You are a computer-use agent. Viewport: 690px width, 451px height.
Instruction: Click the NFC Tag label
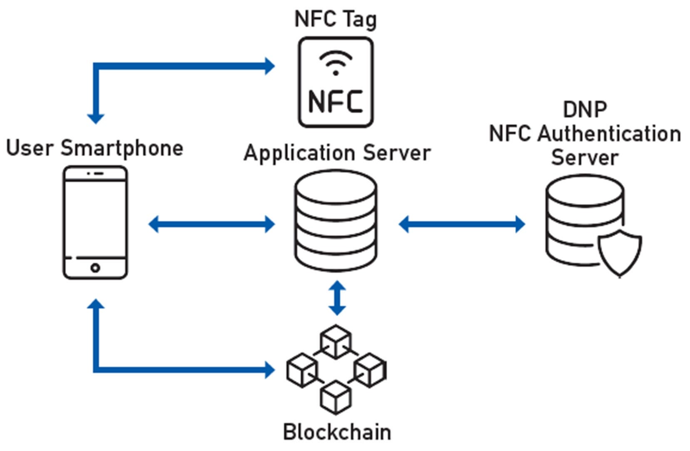336,19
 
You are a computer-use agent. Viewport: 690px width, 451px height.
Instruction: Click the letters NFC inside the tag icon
336,101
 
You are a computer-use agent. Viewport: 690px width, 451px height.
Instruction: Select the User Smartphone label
95,148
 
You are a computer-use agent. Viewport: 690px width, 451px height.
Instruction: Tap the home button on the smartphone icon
95,268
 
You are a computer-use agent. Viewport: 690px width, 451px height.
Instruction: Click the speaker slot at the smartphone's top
98,173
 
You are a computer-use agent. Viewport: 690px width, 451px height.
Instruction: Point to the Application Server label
337,153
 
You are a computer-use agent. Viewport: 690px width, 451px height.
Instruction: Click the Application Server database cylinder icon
336,221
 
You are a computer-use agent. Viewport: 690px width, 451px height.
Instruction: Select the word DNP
585,110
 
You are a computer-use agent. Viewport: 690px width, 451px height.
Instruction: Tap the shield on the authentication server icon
620,253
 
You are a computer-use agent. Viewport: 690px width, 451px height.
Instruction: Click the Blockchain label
337,432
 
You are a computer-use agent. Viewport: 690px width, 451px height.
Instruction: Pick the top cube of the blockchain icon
336,341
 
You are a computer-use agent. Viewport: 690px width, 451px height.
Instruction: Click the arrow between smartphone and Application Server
212,224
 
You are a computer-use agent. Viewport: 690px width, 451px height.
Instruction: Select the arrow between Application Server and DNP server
462,224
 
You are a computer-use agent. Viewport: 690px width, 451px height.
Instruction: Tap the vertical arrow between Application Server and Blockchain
337,298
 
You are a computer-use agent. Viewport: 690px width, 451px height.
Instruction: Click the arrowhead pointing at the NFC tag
270,66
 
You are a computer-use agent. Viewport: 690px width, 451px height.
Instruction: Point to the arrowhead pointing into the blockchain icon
270,369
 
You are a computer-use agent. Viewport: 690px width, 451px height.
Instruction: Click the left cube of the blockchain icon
302,370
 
